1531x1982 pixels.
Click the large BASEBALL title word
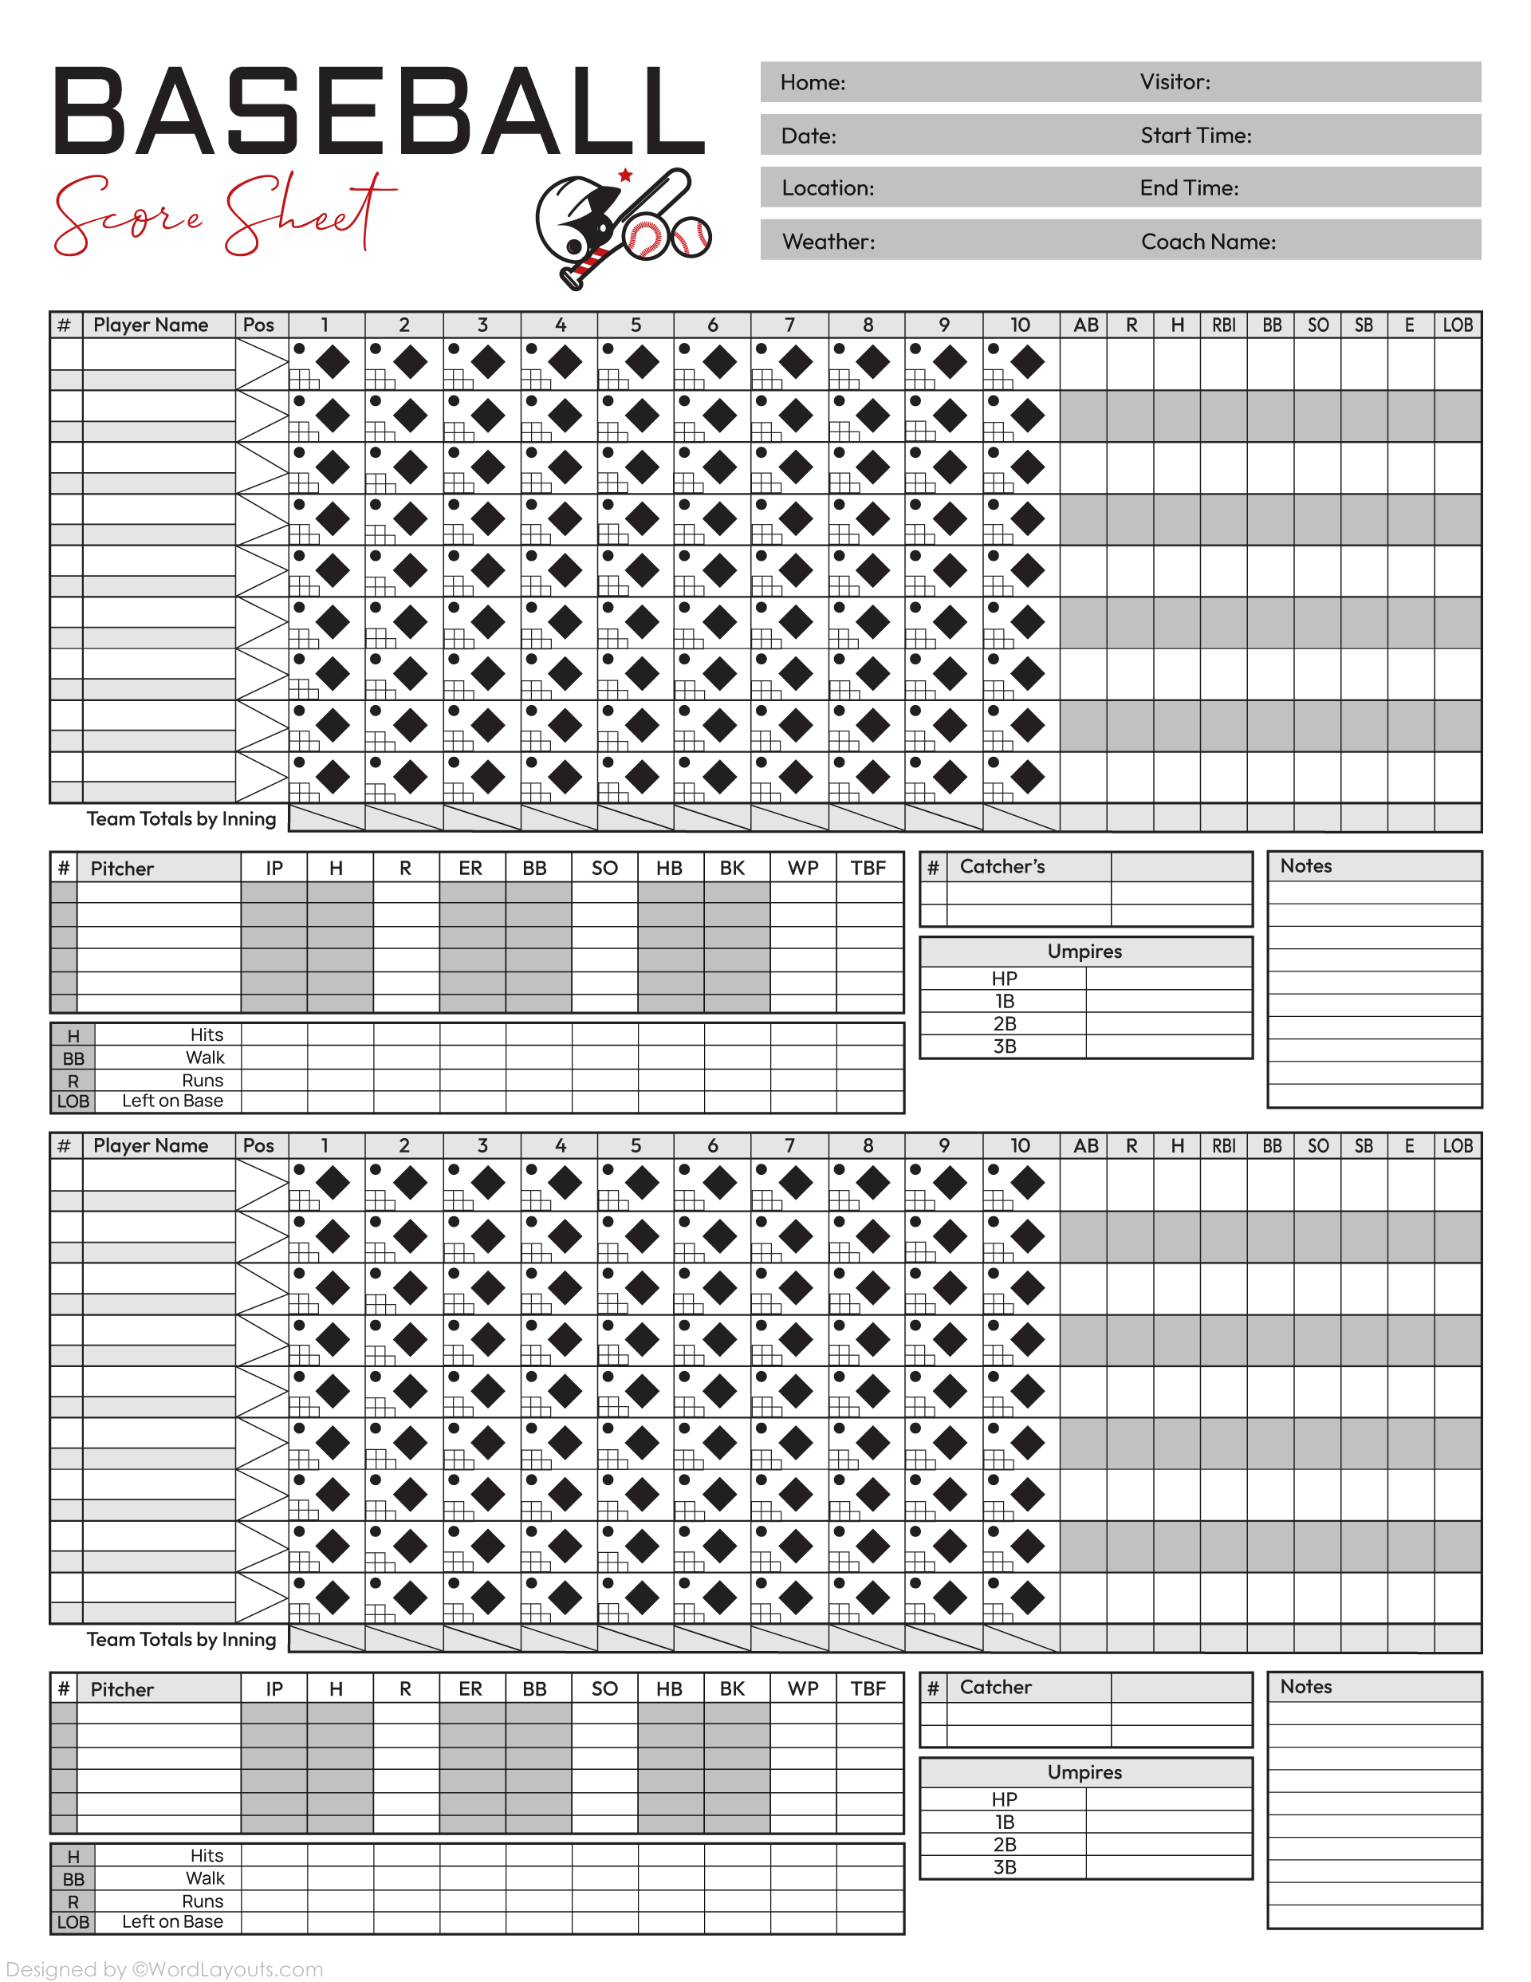[x=380, y=112]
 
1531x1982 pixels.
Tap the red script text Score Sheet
[x=225, y=215]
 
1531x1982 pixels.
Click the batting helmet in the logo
[x=574, y=218]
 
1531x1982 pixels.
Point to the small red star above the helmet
[x=625, y=175]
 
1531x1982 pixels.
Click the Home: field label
[x=813, y=83]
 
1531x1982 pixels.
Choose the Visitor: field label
[x=1175, y=81]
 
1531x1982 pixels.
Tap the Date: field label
[x=808, y=136]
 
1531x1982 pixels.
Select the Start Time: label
[x=1195, y=136]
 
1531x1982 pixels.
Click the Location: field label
[x=827, y=188]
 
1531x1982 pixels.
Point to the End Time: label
[x=1188, y=188]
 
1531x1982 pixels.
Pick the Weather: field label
[x=828, y=242]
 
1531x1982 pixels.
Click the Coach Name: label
[x=1207, y=242]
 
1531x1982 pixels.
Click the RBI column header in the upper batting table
[x=1223, y=325]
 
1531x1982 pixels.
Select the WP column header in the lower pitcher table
[x=802, y=1688]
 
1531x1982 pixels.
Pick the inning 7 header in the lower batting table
[x=789, y=1145]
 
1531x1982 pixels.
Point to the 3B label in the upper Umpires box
[x=1004, y=1046]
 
